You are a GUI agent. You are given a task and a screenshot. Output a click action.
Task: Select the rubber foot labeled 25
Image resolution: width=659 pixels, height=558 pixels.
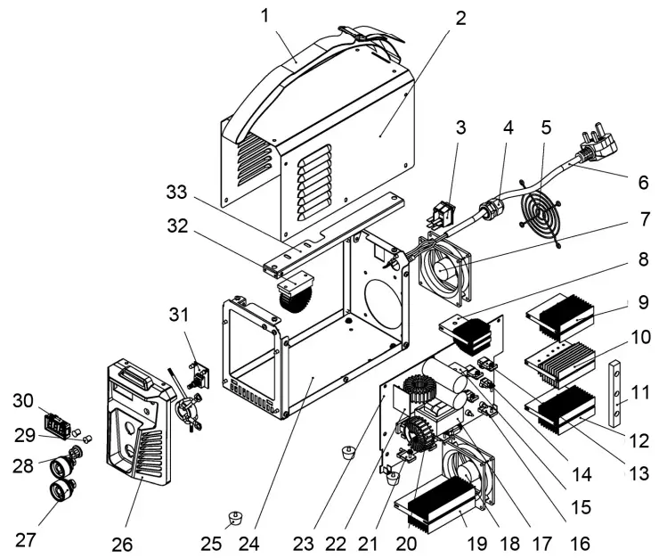(235, 517)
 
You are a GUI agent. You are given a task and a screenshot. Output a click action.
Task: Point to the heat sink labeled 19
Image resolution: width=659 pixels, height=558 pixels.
(445, 503)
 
